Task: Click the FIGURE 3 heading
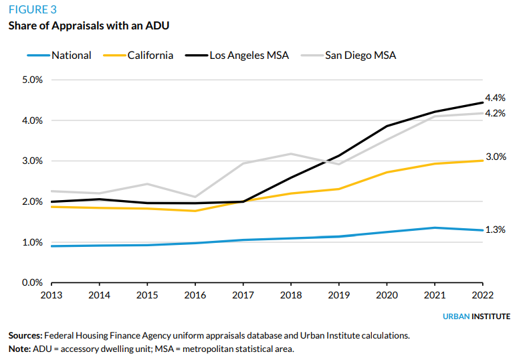pos(32,10)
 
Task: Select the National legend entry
pos(72,56)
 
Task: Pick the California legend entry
pos(150,56)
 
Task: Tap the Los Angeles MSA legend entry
pos(249,56)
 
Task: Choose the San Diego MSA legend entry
pos(360,56)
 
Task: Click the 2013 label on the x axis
pos(51,294)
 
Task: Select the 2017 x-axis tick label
pos(243,294)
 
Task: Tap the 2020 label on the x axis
pos(387,294)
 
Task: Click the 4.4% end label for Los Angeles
pos(495,98)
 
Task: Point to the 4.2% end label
pos(495,113)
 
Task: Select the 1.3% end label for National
pos(495,230)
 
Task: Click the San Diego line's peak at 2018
pos(290,154)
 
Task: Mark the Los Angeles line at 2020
pos(387,126)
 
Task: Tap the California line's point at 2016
pos(195,211)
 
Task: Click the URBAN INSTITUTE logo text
pos(476,317)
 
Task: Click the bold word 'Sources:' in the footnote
pos(25,335)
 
